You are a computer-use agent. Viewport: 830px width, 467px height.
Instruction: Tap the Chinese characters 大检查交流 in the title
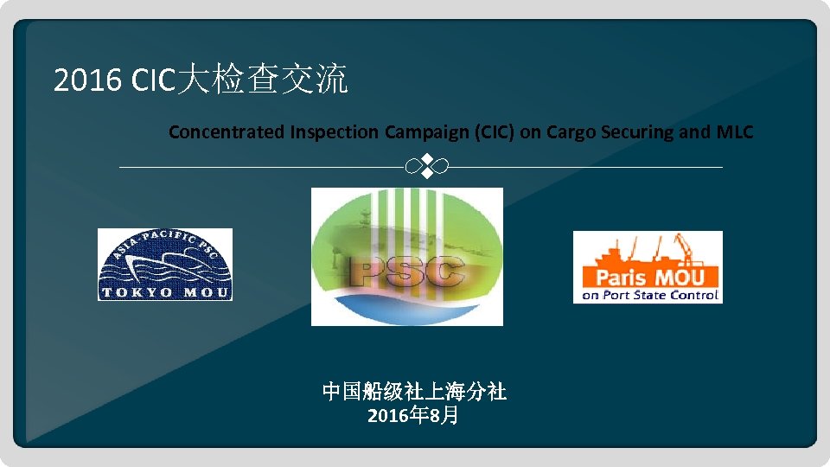(x=265, y=80)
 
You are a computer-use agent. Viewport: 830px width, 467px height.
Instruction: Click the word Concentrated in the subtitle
(x=227, y=132)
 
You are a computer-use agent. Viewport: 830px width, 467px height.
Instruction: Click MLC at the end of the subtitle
(x=735, y=132)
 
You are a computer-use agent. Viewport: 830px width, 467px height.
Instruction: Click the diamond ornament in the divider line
(x=425, y=167)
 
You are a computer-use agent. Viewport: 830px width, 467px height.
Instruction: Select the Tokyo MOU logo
(x=164, y=264)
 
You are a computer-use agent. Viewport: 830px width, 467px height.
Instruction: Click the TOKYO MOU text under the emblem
(x=164, y=292)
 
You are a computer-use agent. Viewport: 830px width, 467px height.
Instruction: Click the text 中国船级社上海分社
(x=414, y=393)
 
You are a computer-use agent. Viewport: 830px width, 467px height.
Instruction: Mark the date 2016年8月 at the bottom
(x=413, y=416)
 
